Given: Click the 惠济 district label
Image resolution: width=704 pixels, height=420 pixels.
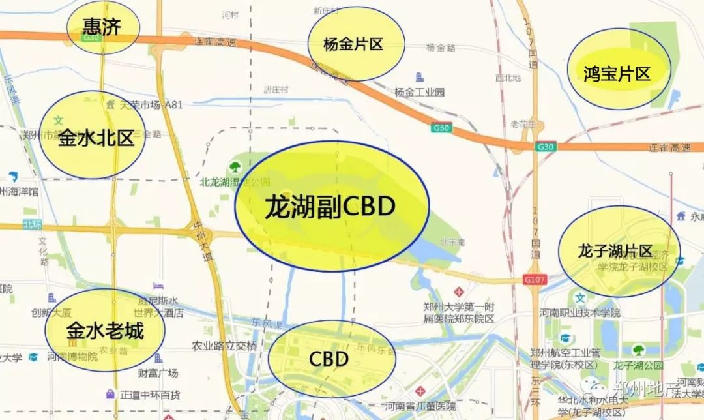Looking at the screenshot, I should point(103,26).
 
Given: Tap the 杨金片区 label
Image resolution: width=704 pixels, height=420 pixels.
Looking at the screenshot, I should point(353,44).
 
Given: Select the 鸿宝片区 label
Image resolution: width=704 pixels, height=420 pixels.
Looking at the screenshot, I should point(617,73).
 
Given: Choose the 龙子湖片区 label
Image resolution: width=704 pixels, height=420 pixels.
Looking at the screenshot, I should point(615,251).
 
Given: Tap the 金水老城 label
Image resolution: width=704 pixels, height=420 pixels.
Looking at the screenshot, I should point(104,331).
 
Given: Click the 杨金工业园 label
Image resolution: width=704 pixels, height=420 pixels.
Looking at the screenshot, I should point(420,92).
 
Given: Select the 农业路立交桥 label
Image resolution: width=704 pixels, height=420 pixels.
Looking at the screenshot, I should point(224,346).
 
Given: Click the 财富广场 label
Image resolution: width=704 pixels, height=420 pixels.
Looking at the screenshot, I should point(158,373).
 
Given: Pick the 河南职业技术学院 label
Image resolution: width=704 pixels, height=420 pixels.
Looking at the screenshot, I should point(580,312).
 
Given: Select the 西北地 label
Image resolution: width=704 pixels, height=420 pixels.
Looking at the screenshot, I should point(508,78).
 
